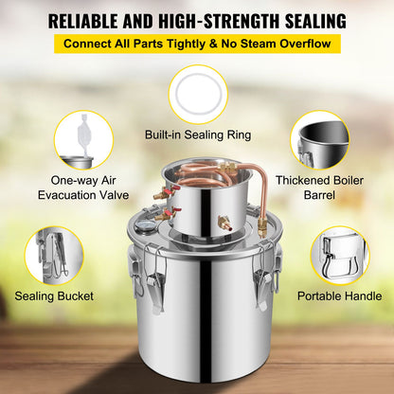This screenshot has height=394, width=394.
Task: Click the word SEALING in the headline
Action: (x=315, y=21)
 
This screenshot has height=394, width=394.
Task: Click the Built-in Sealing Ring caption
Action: (x=198, y=134)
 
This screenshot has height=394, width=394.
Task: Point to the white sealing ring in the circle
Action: (x=177, y=95)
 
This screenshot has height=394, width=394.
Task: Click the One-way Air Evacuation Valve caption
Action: (x=83, y=188)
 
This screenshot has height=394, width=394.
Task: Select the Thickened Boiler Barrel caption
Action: (x=319, y=188)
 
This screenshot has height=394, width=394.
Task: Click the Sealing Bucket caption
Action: (x=54, y=296)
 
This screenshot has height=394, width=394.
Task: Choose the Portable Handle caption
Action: (x=340, y=296)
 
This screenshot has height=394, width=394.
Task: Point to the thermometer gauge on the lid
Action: (x=145, y=227)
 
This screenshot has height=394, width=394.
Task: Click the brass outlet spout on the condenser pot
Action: (x=224, y=223)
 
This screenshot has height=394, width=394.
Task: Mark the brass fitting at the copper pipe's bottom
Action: (x=262, y=225)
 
